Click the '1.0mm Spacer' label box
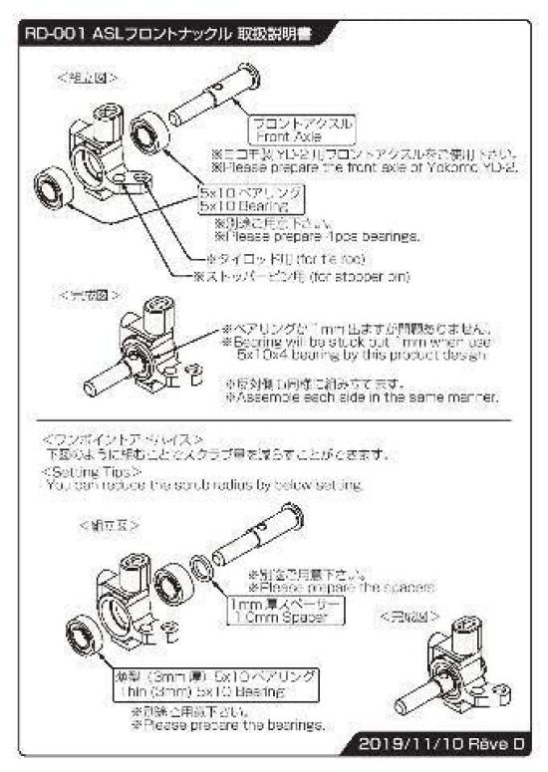[x=297, y=611]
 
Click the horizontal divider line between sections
[x=275, y=421]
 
